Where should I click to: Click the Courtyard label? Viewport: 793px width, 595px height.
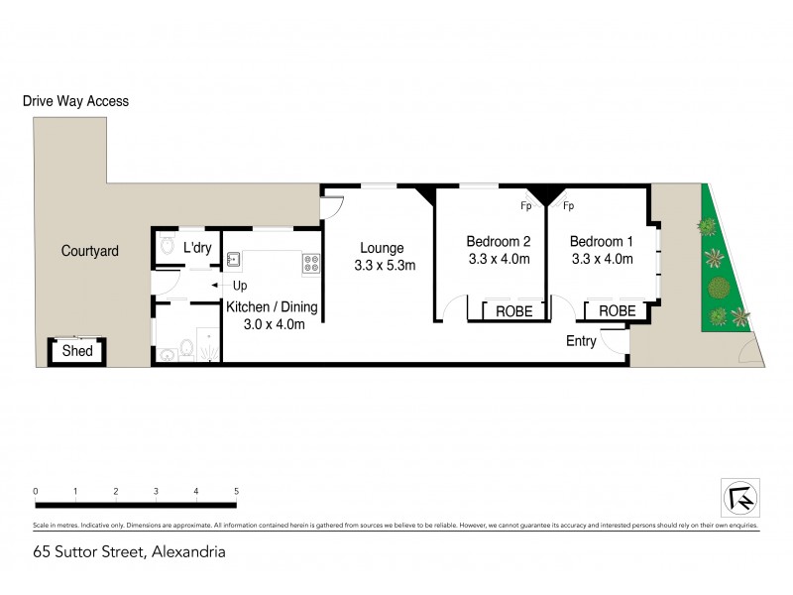pyautogui.click(x=89, y=251)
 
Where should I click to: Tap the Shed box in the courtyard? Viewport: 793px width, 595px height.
pyautogui.click(x=77, y=351)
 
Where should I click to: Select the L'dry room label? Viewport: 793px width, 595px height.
pyautogui.click(x=197, y=248)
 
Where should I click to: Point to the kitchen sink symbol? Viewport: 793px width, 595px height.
pyautogui.click(x=234, y=262)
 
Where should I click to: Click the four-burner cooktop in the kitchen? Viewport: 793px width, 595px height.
pyautogui.click(x=310, y=263)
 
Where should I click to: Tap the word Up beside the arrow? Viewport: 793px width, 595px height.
pyautogui.click(x=239, y=286)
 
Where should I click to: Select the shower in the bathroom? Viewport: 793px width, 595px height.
pyautogui.click(x=209, y=343)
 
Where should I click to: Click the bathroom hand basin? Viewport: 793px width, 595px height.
pyautogui.click(x=184, y=350)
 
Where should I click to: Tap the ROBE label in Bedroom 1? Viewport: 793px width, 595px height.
pyautogui.click(x=617, y=311)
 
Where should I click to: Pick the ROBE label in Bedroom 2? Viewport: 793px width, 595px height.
pyautogui.click(x=513, y=311)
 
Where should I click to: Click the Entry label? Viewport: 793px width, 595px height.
pyautogui.click(x=581, y=341)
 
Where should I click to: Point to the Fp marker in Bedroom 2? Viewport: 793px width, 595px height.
pyautogui.click(x=526, y=207)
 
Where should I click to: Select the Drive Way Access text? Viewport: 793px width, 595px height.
pyautogui.click(x=75, y=101)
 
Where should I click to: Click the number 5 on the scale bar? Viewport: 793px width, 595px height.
pyautogui.click(x=236, y=492)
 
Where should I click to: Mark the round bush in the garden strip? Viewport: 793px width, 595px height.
pyautogui.click(x=717, y=290)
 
